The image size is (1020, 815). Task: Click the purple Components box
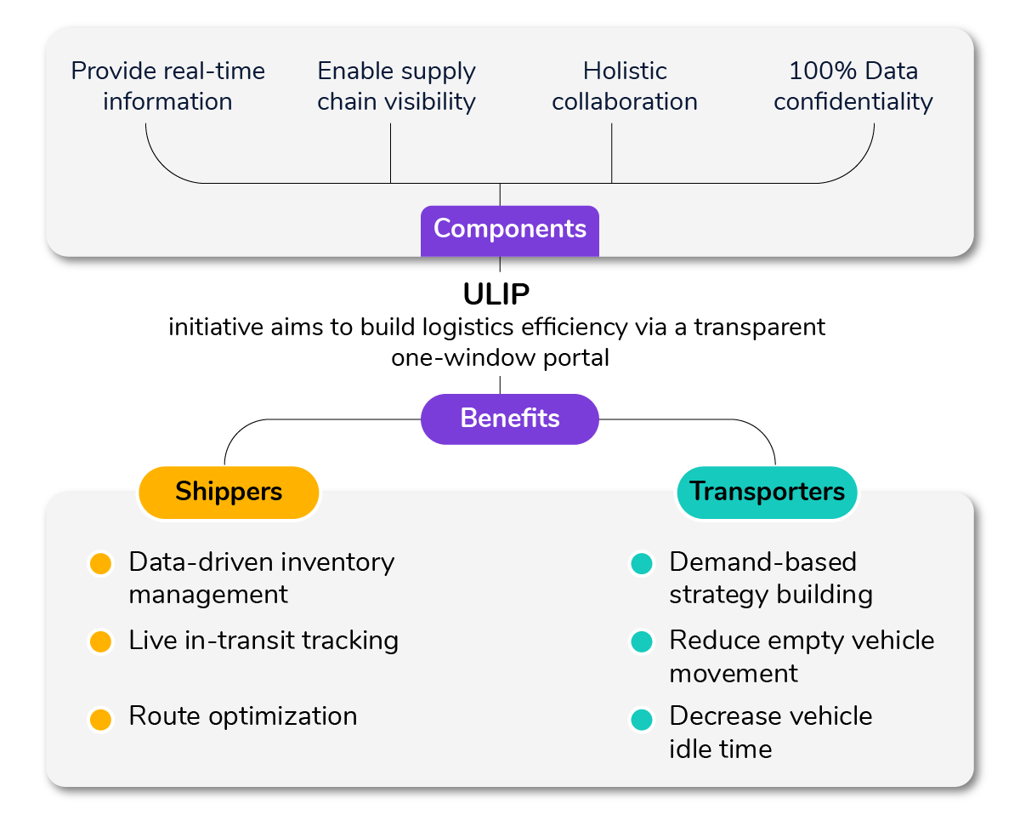(x=509, y=230)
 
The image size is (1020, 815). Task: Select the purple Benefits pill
(x=509, y=419)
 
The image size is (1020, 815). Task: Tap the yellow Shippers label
(x=229, y=492)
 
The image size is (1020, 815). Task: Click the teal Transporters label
(x=767, y=492)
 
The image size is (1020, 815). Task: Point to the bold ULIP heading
(x=496, y=294)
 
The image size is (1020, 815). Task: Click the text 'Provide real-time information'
(x=167, y=86)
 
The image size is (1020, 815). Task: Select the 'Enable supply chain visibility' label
(x=396, y=86)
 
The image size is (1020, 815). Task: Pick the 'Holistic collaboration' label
(x=625, y=86)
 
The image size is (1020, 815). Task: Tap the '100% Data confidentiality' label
(x=853, y=86)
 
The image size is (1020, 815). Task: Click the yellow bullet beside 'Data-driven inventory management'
(x=100, y=563)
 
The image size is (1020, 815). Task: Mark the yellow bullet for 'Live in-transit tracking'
(x=100, y=641)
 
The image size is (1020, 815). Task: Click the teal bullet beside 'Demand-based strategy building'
(x=641, y=563)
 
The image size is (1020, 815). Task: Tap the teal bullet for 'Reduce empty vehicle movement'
(x=641, y=641)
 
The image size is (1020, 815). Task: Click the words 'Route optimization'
(x=242, y=716)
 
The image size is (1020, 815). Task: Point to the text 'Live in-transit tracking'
(x=263, y=641)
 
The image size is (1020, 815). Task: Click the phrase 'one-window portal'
(x=500, y=357)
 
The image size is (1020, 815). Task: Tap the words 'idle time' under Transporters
(x=720, y=749)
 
